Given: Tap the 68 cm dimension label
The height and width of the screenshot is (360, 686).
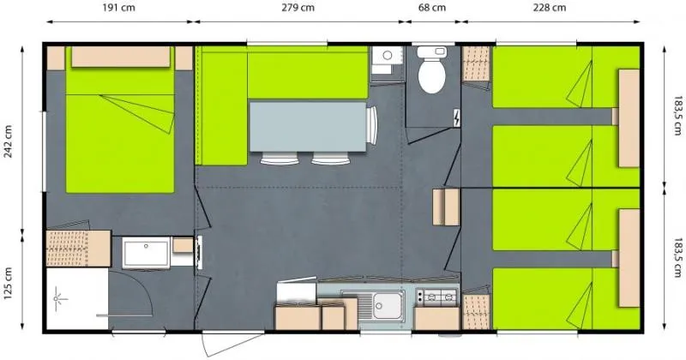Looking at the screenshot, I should (431, 9).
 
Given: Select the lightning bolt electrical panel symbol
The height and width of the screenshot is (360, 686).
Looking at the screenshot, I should (455, 117).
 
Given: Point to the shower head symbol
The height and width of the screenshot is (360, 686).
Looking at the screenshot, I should (60, 297).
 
